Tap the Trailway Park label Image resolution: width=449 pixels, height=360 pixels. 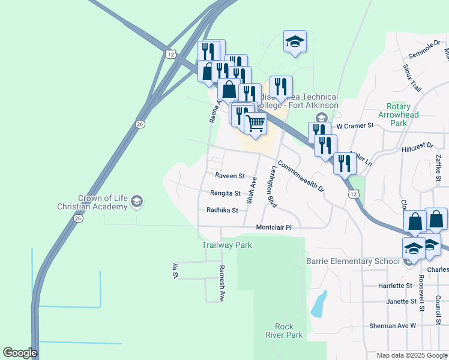226,245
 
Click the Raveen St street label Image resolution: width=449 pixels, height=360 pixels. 230,176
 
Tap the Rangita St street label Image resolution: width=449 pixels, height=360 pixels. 225,193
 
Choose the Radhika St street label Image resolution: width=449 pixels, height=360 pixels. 222,211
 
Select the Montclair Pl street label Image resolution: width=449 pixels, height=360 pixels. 273,227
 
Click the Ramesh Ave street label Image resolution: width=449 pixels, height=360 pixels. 221,283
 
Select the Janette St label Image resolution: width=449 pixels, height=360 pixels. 402,301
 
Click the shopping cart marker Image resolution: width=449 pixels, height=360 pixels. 256,124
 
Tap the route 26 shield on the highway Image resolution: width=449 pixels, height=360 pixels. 140,124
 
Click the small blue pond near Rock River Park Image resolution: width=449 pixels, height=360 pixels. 319,304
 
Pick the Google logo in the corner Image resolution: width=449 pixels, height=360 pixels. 20,353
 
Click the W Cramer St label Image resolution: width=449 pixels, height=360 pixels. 355,126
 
